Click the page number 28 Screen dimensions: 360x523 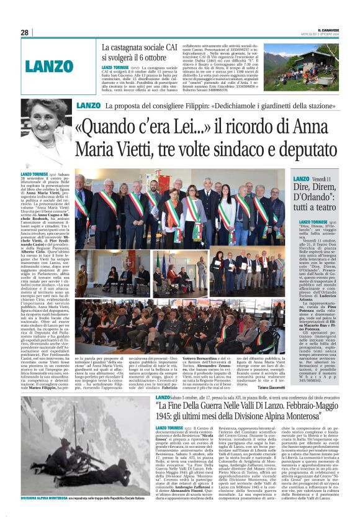(x=24, y=32)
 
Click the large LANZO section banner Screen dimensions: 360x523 (x=50, y=65)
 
